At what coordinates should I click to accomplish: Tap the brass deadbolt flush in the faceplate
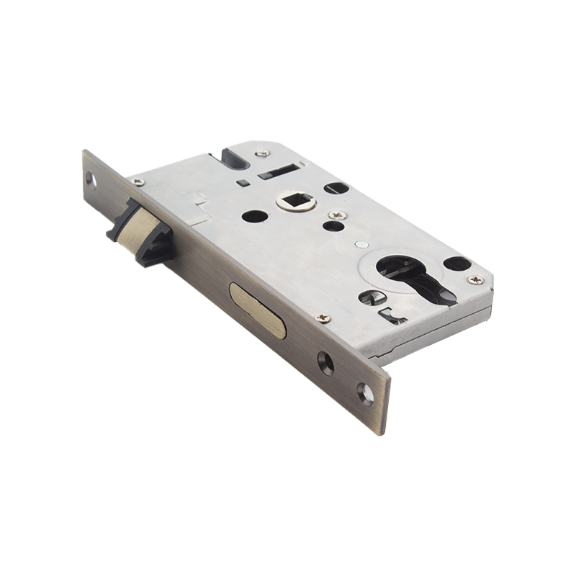click(257, 310)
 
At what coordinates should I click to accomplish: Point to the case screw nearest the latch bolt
click(138, 182)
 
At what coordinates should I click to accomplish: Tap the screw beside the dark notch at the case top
click(264, 153)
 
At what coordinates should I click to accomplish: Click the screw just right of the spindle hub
click(336, 215)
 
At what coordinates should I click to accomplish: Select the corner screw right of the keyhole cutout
click(475, 279)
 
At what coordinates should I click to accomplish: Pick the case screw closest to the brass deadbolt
click(324, 318)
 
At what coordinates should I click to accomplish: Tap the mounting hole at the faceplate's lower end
click(364, 392)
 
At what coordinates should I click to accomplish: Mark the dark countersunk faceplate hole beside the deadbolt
click(325, 362)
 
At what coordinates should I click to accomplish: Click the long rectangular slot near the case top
click(277, 171)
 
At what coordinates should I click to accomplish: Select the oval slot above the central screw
click(336, 189)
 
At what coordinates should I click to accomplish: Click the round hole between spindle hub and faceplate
click(254, 215)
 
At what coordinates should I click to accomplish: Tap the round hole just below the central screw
click(333, 227)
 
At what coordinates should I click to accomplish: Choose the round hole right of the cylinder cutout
click(457, 264)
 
